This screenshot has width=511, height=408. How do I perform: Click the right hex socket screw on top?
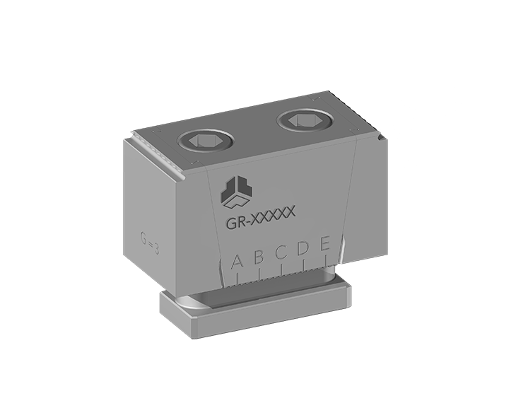pyautogui.click(x=305, y=122)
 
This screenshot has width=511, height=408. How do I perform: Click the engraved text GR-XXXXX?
pyautogui.click(x=261, y=217)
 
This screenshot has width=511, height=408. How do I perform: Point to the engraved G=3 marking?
pyautogui.click(x=150, y=243)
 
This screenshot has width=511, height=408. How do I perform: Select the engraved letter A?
pyautogui.click(x=237, y=262)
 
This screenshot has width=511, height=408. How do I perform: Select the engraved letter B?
pyautogui.click(x=259, y=257)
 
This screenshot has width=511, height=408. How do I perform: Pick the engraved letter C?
pyautogui.click(x=281, y=252)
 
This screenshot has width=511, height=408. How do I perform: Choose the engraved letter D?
pyautogui.click(x=303, y=248)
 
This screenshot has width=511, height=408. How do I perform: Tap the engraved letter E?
pyautogui.click(x=325, y=244)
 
